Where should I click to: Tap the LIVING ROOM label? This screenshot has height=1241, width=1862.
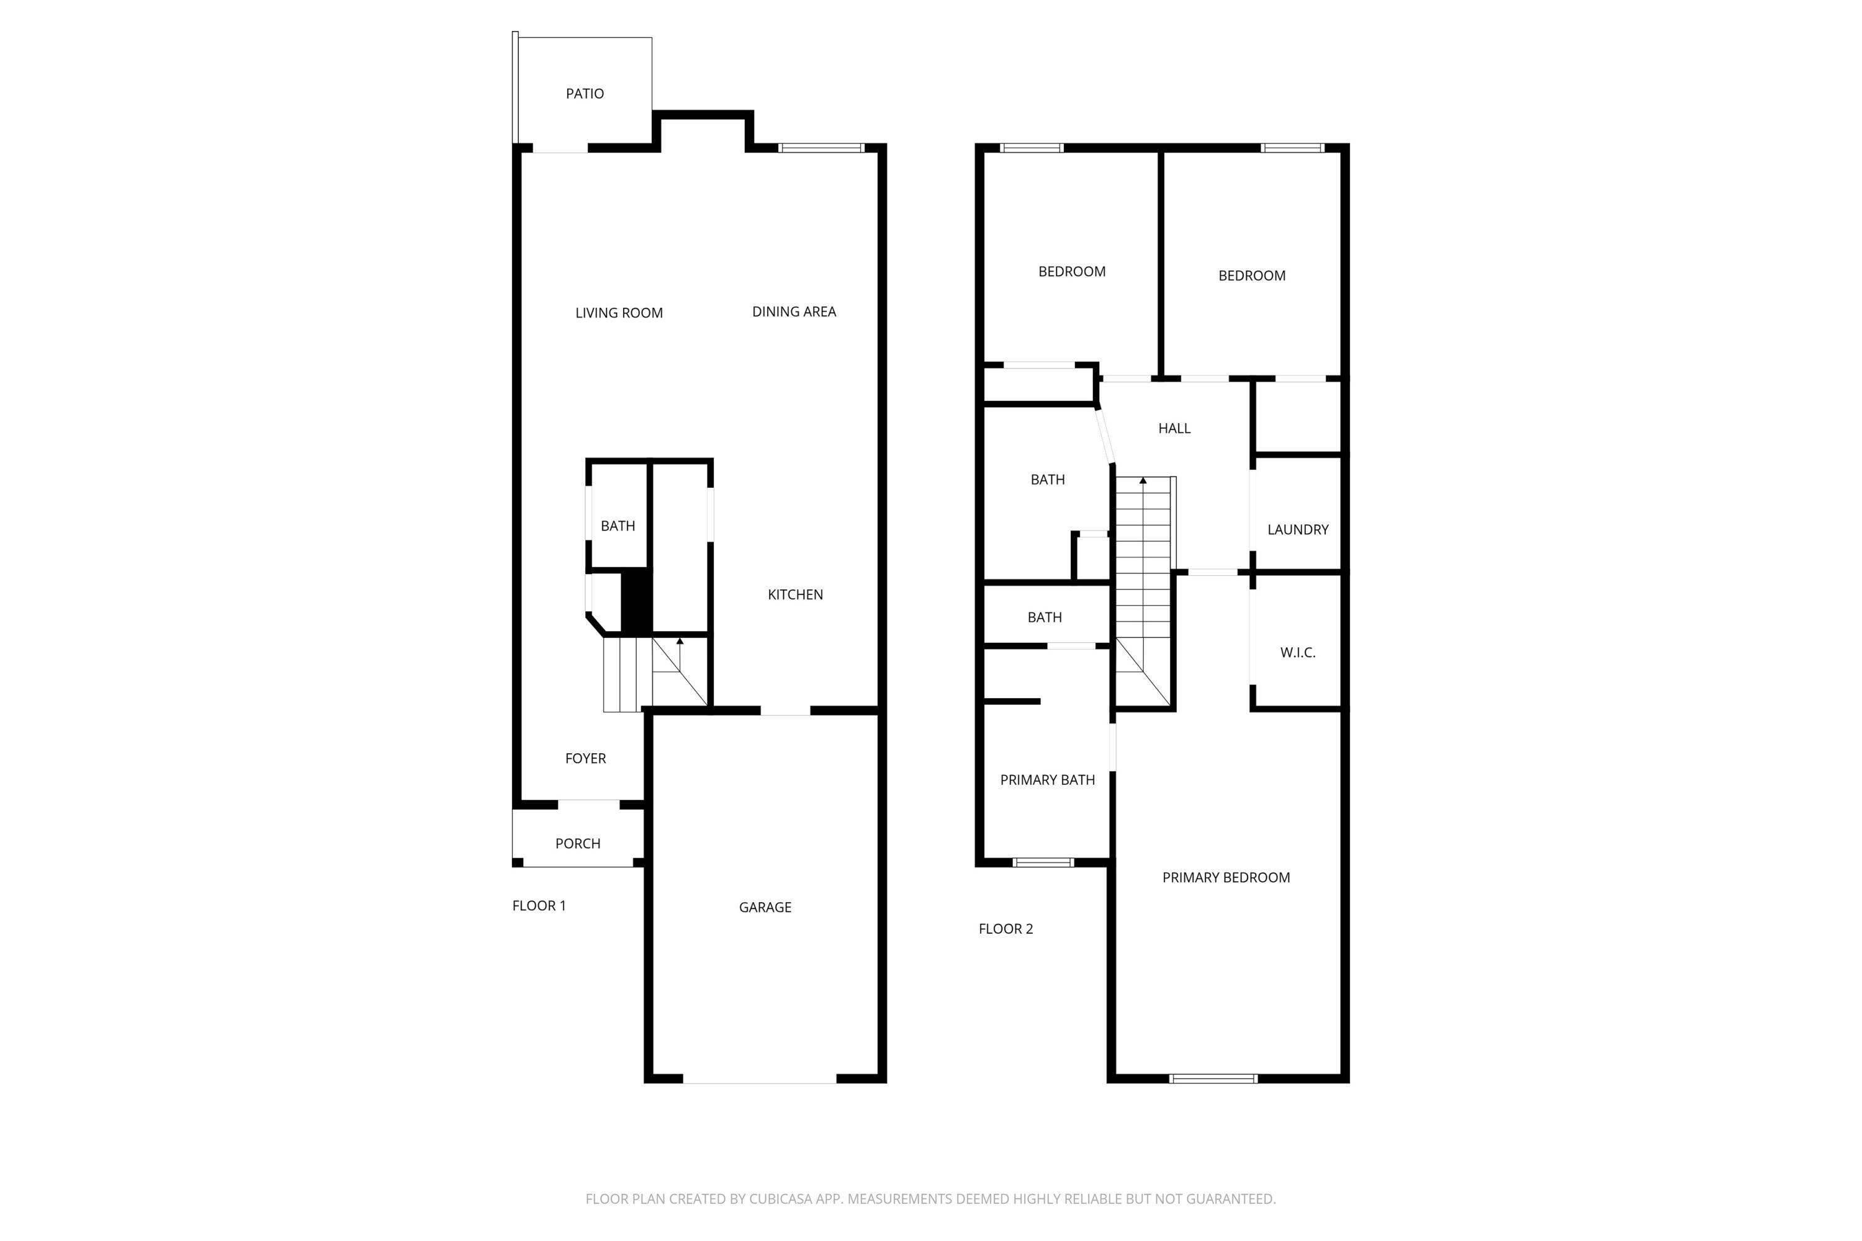pyautogui.click(x=619, y=313)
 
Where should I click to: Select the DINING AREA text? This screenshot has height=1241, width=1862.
pyautogui.click(x=794, y=312)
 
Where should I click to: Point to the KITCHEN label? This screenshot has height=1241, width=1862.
pyautogui.click(x=795, y=594)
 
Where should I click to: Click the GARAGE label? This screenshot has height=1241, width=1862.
pyautogui.click(x=765, y=907)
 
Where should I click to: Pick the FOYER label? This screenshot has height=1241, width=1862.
pyautogui.click(x=585, y=758)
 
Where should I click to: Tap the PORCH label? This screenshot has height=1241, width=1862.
pyautogui.click(x=578, y=844)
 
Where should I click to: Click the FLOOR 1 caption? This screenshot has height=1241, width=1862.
pyautogui.click(x=539, y=905)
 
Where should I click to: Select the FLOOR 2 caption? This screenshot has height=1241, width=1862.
pyautogui.click(x=1005, y=928)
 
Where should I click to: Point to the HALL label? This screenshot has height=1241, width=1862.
pyautogui.click(x=1174, y=428)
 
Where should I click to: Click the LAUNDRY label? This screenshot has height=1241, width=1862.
pyautogui.click(x=1298, y=529)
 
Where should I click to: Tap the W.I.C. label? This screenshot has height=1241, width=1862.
pyautogui.click(x=1298, y=652)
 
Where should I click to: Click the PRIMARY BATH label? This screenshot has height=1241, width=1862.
pyautogui.click(x=1048, y=779)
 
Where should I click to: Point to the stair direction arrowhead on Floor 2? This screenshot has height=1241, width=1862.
pyautogui.click(x=1143, y=480)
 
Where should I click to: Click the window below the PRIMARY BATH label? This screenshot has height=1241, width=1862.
pyautogui.click(x=1043, y=862)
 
